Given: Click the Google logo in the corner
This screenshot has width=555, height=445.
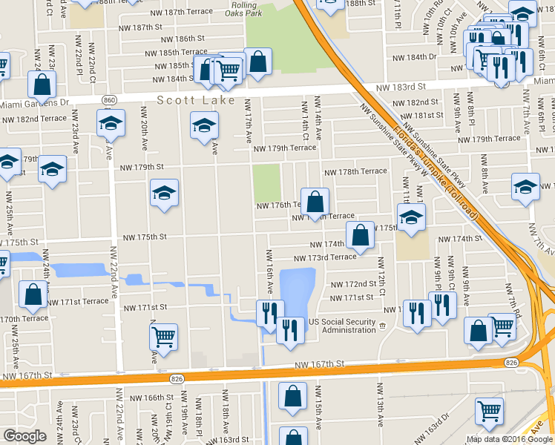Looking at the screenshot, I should point(24,435).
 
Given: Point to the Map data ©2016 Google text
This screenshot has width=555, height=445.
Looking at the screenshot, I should point(508,439).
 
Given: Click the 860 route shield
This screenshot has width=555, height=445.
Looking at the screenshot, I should point(110,100).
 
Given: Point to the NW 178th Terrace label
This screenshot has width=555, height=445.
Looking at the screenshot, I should point(354,171).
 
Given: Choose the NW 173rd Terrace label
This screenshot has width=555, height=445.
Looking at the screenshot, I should point(325,257).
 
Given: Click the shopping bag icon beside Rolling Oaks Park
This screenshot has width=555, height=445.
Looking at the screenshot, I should point(257,62).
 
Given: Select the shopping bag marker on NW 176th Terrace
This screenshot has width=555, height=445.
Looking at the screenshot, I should point(315,200).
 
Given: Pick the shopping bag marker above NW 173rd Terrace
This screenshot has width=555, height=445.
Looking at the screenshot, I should point(360,235).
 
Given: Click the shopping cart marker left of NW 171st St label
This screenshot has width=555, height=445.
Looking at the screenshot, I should point(163,337).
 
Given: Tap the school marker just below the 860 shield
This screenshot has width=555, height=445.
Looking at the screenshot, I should point(111,122).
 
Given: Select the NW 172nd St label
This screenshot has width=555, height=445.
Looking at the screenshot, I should point(352,284).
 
